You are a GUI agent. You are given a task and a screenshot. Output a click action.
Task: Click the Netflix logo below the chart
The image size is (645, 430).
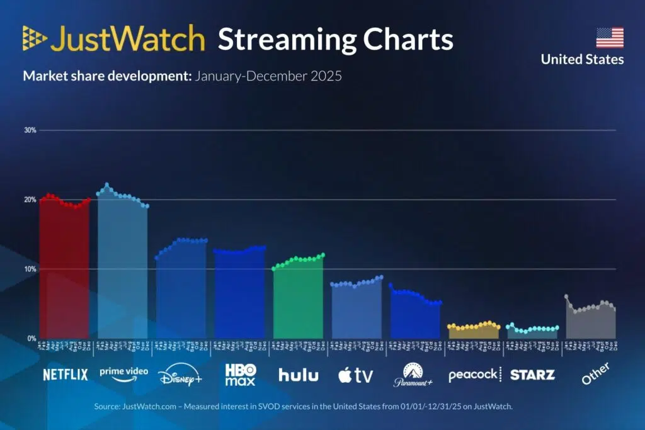pos(66,375)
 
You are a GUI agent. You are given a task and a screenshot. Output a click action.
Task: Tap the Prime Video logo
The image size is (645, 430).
pos(123,373)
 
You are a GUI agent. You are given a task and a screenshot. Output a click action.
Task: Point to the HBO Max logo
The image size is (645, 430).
pos(240,375)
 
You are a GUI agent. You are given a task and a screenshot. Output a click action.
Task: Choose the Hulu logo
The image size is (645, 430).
pos(299,375)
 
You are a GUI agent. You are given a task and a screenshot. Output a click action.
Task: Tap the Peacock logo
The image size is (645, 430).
pos(472,375)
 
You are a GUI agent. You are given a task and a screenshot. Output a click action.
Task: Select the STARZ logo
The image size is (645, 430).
pos(532,375)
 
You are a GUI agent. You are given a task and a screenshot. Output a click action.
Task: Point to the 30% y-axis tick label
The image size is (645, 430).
pos(30,130)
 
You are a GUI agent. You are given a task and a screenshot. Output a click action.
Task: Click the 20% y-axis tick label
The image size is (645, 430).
pos(30,200)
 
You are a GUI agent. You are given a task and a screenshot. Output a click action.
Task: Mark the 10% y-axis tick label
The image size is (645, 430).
pos(30,269)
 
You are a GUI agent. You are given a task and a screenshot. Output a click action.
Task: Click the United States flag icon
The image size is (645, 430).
pos(610,38)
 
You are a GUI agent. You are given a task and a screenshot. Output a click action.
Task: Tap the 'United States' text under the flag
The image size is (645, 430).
pos(582,60)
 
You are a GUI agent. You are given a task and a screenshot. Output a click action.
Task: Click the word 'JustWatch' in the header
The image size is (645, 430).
pos(128,40)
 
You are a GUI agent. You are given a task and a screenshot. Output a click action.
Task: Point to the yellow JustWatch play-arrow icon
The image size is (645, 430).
pos(35,38)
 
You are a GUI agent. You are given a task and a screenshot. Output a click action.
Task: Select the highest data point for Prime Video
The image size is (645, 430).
pos(107,184)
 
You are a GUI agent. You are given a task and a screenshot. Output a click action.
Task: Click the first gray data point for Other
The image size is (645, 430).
pos(566,296)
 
